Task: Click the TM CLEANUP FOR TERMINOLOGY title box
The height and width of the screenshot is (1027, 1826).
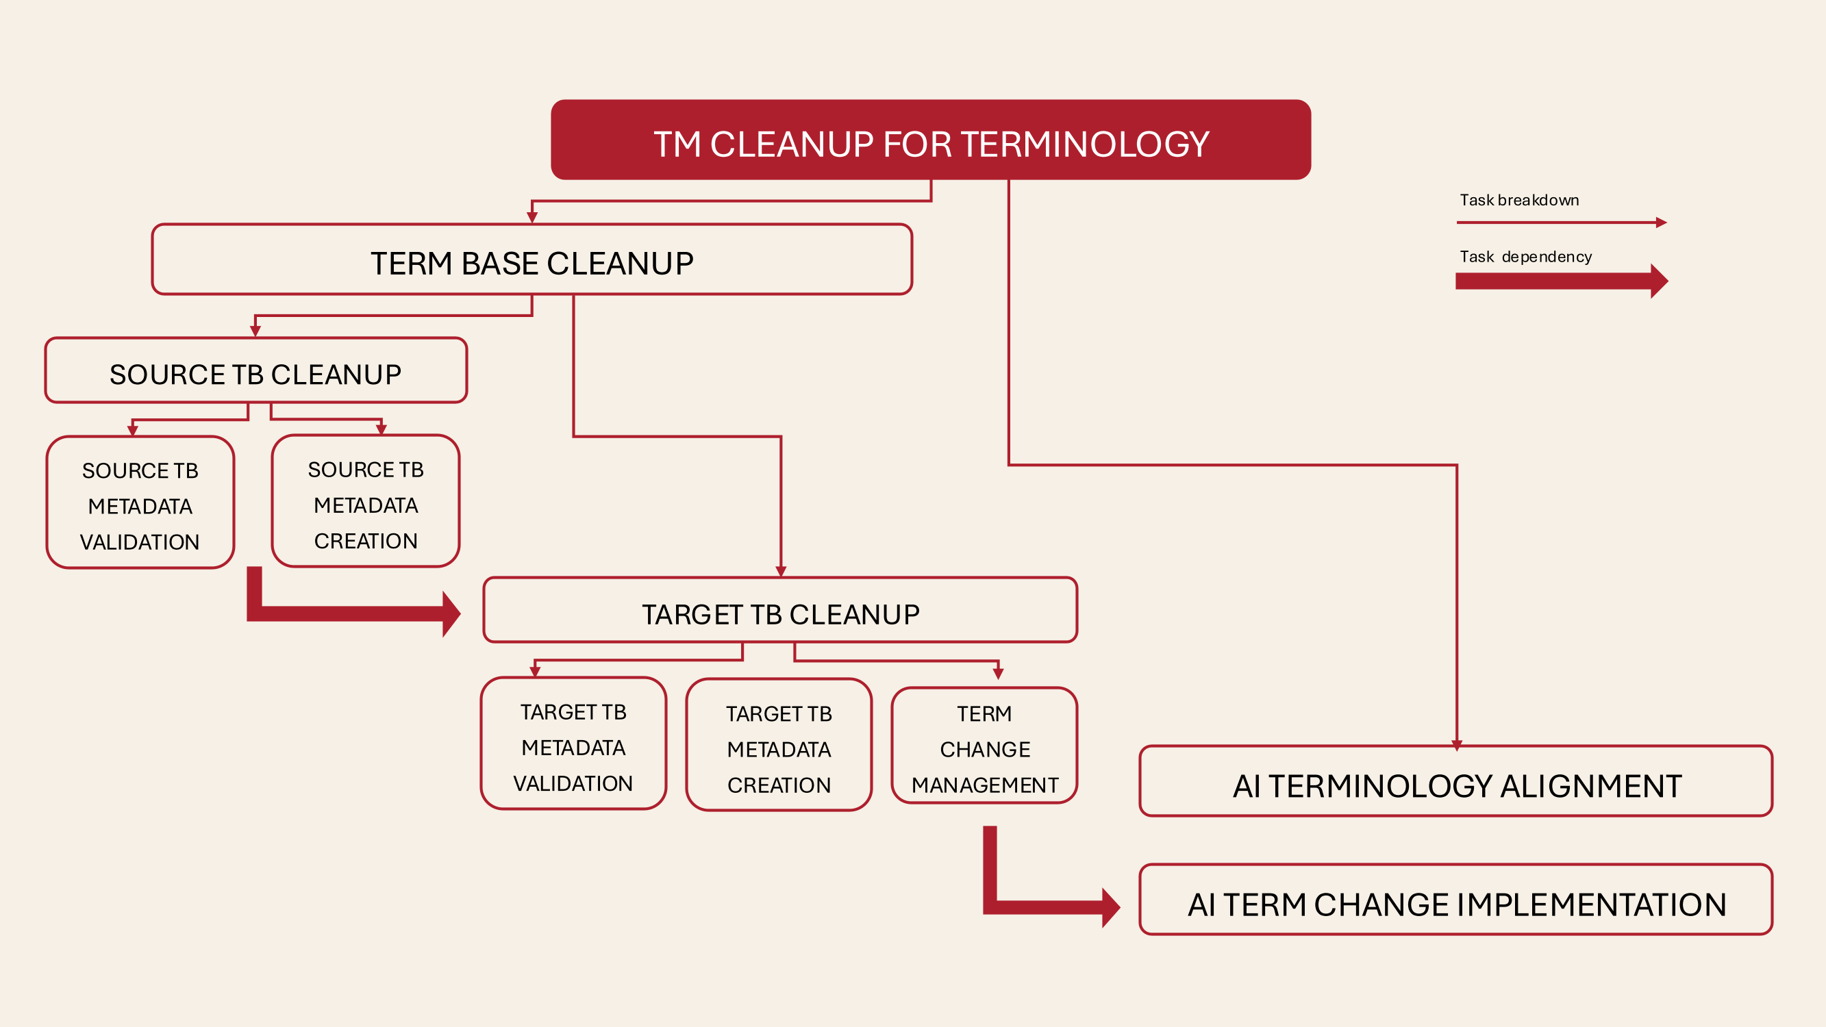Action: click(x=931, y=140)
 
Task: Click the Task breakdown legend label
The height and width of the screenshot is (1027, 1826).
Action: click(x=1519, y=200)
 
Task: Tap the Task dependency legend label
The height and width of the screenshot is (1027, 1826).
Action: click(x=1525, y=257)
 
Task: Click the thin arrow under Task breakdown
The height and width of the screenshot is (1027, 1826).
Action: click(x=1562, y=223)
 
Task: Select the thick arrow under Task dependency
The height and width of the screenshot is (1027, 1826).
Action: click(x=1562, y=281)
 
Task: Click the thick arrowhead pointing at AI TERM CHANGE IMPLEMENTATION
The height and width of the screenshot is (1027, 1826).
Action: click(x=1111, y=908)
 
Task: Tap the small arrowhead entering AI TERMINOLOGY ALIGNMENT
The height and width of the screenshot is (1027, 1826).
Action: click(x=1457, y=746)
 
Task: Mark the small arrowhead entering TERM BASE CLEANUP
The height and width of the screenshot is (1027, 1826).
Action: click(x=532, y=218)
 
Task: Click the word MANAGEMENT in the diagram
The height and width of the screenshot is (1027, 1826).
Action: click(x=985, y=785)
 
